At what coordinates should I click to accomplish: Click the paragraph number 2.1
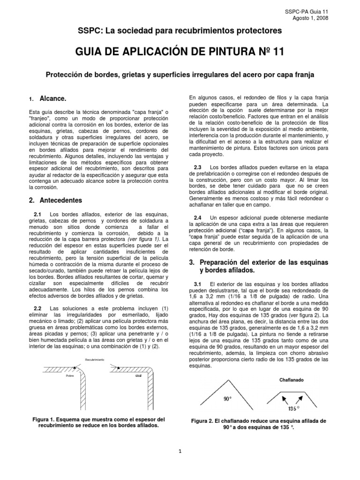point(37,215)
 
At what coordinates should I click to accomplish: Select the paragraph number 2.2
point(37,308)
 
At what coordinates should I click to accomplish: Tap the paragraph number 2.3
point(197,167)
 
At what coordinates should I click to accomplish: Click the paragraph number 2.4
point(197,217)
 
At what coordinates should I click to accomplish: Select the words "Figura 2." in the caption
point(203,421)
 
